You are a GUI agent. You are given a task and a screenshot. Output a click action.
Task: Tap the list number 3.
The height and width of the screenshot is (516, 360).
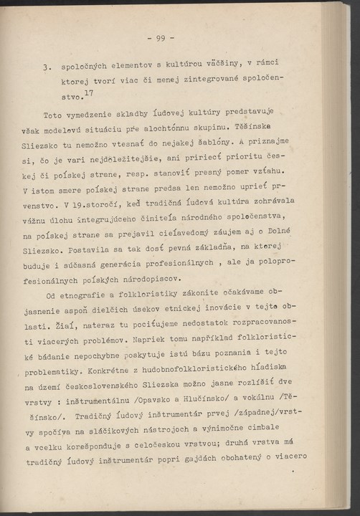46,70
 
